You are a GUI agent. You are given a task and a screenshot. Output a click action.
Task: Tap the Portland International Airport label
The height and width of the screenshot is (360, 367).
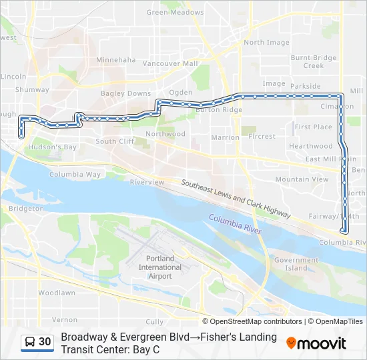click(x=159, y=267)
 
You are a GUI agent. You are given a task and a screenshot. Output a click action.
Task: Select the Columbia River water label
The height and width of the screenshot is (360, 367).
click(x=234, y=223)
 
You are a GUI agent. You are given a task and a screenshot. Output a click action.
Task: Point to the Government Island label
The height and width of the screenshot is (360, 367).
click(x=296, y=264)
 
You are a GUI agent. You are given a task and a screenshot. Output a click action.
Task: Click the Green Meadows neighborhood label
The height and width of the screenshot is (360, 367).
click(x=175, y=12)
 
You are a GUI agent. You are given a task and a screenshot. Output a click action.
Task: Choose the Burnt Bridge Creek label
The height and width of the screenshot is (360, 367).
click(x=314, y=62)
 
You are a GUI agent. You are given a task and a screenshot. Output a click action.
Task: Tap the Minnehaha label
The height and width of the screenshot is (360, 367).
click(x=116, y=59)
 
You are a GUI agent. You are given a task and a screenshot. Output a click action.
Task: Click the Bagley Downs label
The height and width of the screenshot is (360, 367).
click(x=126, y=93)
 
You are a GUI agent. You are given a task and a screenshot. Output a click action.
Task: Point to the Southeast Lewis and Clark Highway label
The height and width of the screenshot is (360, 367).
click(x=236, y=197)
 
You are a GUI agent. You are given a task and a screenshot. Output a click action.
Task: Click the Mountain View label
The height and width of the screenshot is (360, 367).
click(x=302, y=179)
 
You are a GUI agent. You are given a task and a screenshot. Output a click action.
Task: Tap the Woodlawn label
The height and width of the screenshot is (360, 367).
click(x=57, y=293)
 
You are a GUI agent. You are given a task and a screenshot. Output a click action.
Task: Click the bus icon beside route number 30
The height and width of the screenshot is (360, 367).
click(x=30, y=342)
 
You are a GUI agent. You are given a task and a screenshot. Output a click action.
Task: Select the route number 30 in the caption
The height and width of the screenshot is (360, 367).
click(x=45, y=342)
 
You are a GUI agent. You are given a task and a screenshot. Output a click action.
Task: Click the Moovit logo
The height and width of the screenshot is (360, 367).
click(x=316, y=343)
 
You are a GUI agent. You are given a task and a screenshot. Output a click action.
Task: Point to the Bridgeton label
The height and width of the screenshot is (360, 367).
click(x=27, y=208)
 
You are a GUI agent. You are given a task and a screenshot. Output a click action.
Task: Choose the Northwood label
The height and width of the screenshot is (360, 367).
click(x=165, y=134)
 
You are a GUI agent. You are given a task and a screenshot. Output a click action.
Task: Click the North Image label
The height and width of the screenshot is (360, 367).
click(x=266, y=42)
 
